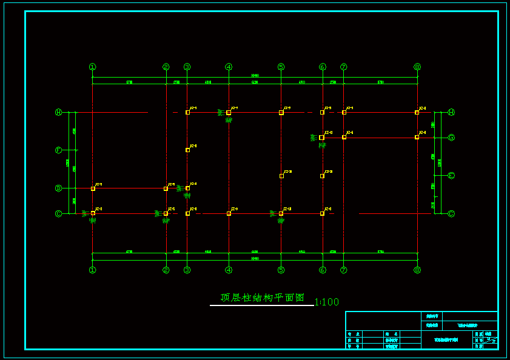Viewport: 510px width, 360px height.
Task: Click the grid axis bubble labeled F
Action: pos(59,150)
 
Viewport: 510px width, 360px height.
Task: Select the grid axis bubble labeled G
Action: pos(451,138)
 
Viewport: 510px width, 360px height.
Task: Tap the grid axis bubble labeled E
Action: pos(451,176)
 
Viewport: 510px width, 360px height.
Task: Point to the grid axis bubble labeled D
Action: pos(59,188)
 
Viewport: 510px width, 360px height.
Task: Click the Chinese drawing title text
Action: pos(262,298)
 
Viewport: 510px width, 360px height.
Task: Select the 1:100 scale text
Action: pos(327,302)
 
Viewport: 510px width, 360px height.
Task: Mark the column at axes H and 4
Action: pos(229,113)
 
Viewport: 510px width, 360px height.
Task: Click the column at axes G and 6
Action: pos(321,138)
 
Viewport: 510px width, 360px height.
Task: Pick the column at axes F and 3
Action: pos(187,150)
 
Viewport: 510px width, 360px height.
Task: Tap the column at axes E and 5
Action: pos(281,176)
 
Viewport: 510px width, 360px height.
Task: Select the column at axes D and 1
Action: pos(93,188)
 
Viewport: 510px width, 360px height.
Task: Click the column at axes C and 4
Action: pos(229,213)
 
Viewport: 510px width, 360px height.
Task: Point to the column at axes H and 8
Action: pos(417,112)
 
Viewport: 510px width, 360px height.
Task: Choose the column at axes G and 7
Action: pos(344,137)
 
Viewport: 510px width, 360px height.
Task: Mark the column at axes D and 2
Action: pos(166,188)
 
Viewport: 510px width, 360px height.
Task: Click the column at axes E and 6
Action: pos(322,176)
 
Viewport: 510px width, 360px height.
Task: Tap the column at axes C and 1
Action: pos(93,213)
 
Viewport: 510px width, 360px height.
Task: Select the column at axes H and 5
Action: pos(281,113)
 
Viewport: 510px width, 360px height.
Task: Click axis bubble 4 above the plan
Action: pos(229,67)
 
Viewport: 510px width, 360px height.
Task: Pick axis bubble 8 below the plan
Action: pos(417,270)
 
